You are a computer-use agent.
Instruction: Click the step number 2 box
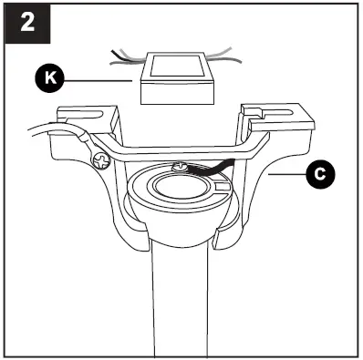(x=26, y=24)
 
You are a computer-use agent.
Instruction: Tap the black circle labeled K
(x=51, y=80)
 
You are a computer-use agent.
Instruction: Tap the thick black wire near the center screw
(x=212, y=165)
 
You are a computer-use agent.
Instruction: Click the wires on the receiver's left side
(x=124, y=57)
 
